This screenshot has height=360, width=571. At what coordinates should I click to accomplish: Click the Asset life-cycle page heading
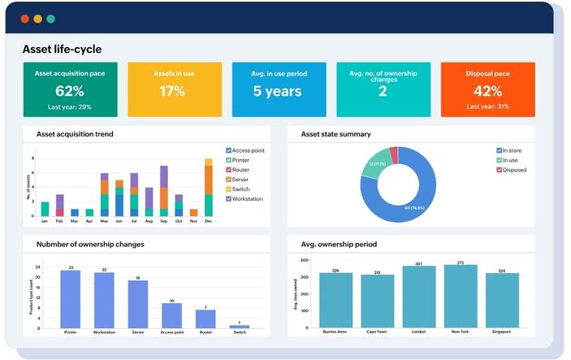tap(62, 50)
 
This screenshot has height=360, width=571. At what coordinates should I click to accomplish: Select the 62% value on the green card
tap(69, 91)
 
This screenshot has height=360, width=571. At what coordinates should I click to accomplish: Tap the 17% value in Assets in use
tap(172, 91)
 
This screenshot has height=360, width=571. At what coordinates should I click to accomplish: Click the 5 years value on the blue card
tap(277, 91)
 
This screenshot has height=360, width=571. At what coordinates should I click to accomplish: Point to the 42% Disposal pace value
tap(487, 91)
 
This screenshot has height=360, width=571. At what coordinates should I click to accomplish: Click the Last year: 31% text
tap(487, 107)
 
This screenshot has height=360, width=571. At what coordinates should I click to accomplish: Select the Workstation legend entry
tap(249, 198)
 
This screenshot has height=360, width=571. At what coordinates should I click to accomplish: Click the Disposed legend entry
tap(514, 170)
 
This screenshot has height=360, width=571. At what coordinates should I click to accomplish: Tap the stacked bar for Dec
tap(208, 187)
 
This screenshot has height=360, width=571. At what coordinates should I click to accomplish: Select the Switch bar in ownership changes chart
tap(240, 326)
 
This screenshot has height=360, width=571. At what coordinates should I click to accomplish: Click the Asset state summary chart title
tap(335, 134)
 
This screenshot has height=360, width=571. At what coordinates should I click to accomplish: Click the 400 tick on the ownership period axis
tap(305, 261)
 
